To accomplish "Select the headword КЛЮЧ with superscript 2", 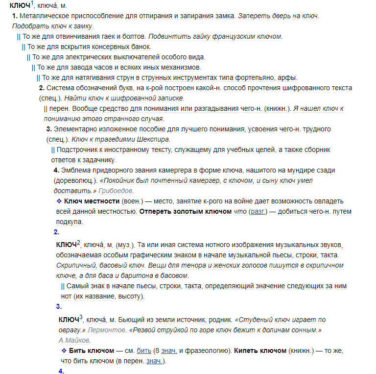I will [x=68, y=245].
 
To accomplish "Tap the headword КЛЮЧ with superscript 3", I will [x=70, y=320].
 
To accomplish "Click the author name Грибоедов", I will [x=116, y=191].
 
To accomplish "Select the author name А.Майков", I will [x=74, y=340].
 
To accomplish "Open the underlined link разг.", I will [x=257, y=212].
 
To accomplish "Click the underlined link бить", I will [x=144, y=351].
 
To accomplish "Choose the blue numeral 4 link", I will [x=61, y=371].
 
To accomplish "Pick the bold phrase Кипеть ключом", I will [x=260, y=351].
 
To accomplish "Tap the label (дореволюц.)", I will [x=72, y=180].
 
